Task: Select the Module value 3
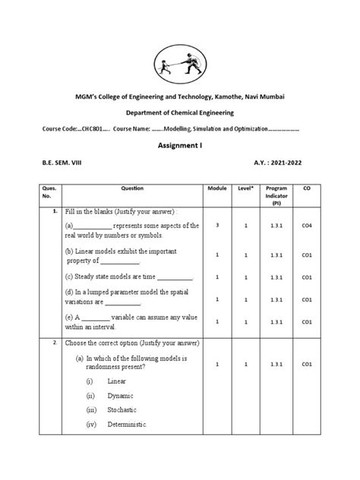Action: tap(217, 226)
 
